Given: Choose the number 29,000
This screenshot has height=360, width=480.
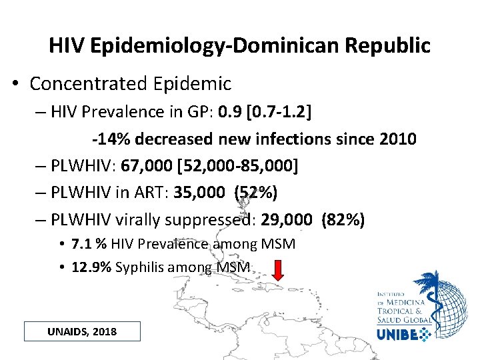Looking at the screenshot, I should tap(287, 220).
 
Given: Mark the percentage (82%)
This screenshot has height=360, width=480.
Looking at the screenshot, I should tap(343, 220).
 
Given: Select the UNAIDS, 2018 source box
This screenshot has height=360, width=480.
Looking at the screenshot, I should tap(82, 331).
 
